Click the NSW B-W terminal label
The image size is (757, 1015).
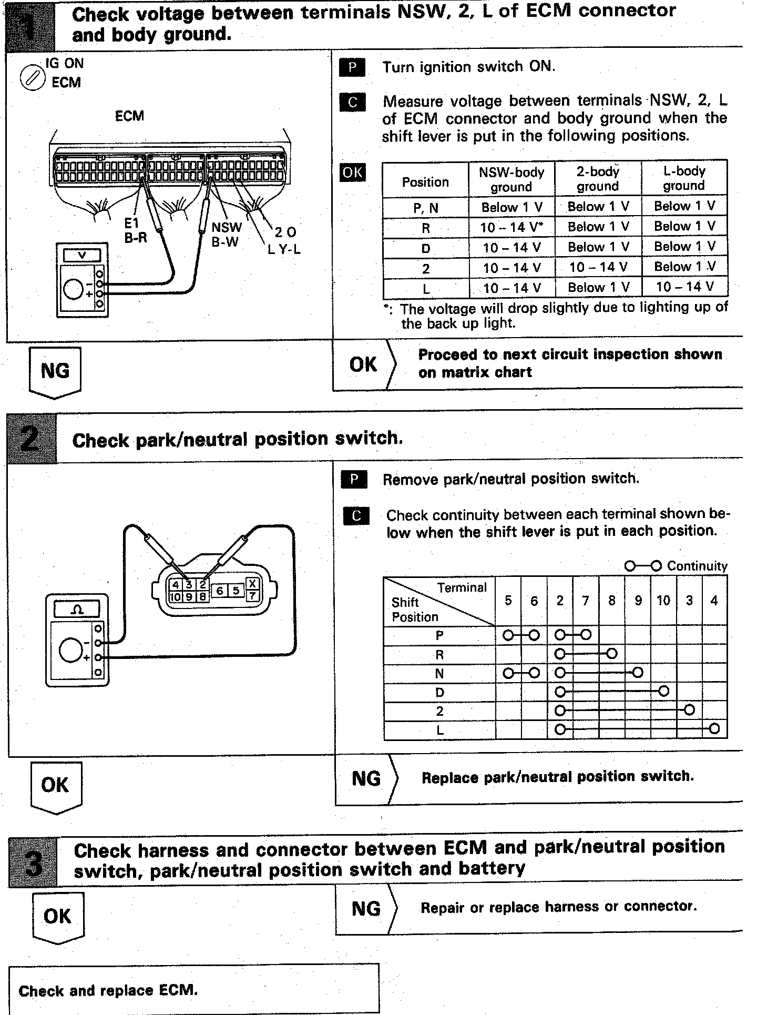click(226, 235)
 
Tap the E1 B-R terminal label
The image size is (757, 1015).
click(135, 230)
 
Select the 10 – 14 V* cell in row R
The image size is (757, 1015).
click(512, 228)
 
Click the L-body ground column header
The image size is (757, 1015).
click(683, 178)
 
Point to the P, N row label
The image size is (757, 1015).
click(425, 208)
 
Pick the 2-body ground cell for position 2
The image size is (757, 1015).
click(598, 268)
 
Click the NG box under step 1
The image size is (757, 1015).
click(55, 370)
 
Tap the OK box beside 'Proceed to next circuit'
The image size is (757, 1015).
click(363, 364)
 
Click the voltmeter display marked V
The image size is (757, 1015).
click(82, 255)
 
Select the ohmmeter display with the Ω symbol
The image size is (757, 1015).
click(77, 610)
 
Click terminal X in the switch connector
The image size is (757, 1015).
click(253, 584)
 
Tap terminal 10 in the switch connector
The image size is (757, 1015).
click(175, 597)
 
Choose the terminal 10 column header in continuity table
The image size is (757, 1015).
click(663, 601)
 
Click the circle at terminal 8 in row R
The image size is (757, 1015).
click(611, 654)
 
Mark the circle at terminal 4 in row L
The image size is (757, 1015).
click(714, 729)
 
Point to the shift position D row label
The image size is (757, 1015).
click(439, 693)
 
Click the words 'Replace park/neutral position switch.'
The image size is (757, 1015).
click(558, 777)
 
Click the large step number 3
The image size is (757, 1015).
click(33, 863)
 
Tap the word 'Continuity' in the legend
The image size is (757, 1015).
click(697, 566)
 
